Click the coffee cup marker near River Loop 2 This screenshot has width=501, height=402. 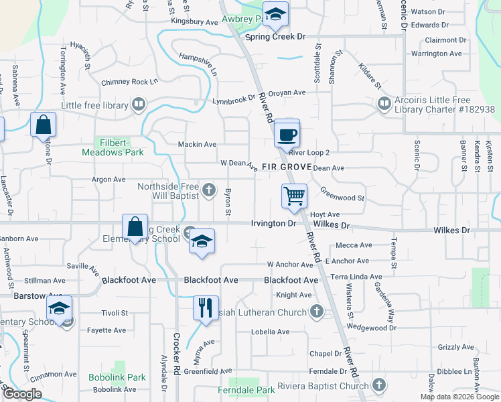[287, 135]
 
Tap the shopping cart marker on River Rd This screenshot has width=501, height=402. [294, 197]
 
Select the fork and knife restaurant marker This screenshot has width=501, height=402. [206, 308]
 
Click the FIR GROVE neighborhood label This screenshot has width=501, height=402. [287, 167]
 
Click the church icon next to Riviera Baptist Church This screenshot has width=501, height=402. [379, 385]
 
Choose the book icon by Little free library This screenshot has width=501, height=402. [139, 105]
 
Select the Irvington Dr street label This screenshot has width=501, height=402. [273, 223]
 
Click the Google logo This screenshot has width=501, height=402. [22, 393]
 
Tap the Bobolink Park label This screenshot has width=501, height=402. [117, 377]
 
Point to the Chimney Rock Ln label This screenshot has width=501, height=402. [129, 82]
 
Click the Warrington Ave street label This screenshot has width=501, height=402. [437, 54]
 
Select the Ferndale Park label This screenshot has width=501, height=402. [246, 390]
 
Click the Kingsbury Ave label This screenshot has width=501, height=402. [195, 22]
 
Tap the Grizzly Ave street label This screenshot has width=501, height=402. [456, 347]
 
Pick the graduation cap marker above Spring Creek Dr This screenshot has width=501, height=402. [274, 15]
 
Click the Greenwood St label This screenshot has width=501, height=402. [342, 198]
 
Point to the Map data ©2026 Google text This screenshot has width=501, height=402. [459, 397]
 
